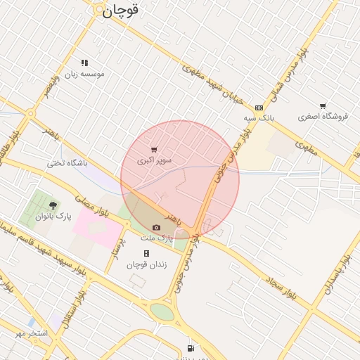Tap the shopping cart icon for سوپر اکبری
pos(154,150)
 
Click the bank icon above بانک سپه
pos(259,108)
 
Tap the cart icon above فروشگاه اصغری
pos(323,106)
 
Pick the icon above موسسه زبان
pos(84,63)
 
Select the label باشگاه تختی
pos(67,163)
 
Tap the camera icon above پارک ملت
pos(156,228)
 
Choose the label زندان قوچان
pos(145,264)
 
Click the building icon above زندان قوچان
pos(146,253)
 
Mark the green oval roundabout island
pos(162,311)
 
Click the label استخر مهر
pos(32,333)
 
